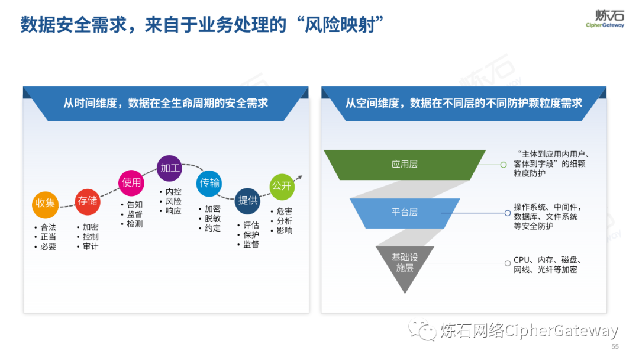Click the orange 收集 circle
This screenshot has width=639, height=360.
(x=45, y=203)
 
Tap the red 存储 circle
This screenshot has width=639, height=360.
(x=88, y=201)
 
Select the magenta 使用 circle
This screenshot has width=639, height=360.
(x=131, y=182)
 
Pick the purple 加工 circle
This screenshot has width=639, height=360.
(x=170, y=168)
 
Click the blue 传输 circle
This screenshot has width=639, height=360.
(x=209, y=183)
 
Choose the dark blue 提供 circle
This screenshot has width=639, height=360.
(x=248, y=201)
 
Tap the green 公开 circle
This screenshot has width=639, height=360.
(x=282, y=186)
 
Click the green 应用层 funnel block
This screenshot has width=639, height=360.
(x=405, y=164)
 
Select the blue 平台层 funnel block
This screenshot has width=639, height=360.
(x=405, y=212)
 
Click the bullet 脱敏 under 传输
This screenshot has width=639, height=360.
(x=212, y=218)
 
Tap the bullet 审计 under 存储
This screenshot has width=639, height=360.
(x=91, y=246)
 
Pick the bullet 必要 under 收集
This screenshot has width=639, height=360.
(x=48, y=246)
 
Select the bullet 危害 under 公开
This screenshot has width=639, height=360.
(x=284, y=211)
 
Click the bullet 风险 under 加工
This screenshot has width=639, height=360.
(x=173, y=201)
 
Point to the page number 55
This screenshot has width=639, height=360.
(x=615, y=347)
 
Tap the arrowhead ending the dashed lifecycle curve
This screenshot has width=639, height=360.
(x=300, y=176)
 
